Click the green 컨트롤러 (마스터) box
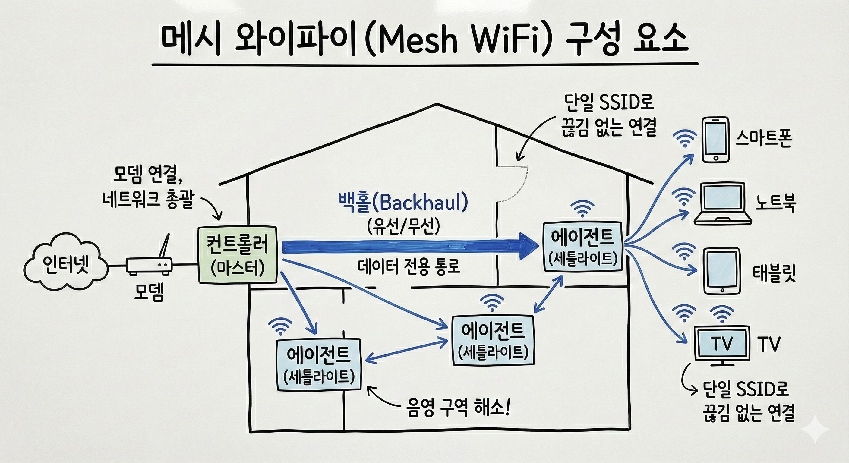237,254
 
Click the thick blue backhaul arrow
409,247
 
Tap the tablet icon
722,271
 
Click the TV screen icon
722,344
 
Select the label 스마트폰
763,139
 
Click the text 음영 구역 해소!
458,408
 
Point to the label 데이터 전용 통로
409,266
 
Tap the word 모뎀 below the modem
149,292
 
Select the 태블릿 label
774,273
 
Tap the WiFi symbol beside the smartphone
685,138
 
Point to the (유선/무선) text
403,226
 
